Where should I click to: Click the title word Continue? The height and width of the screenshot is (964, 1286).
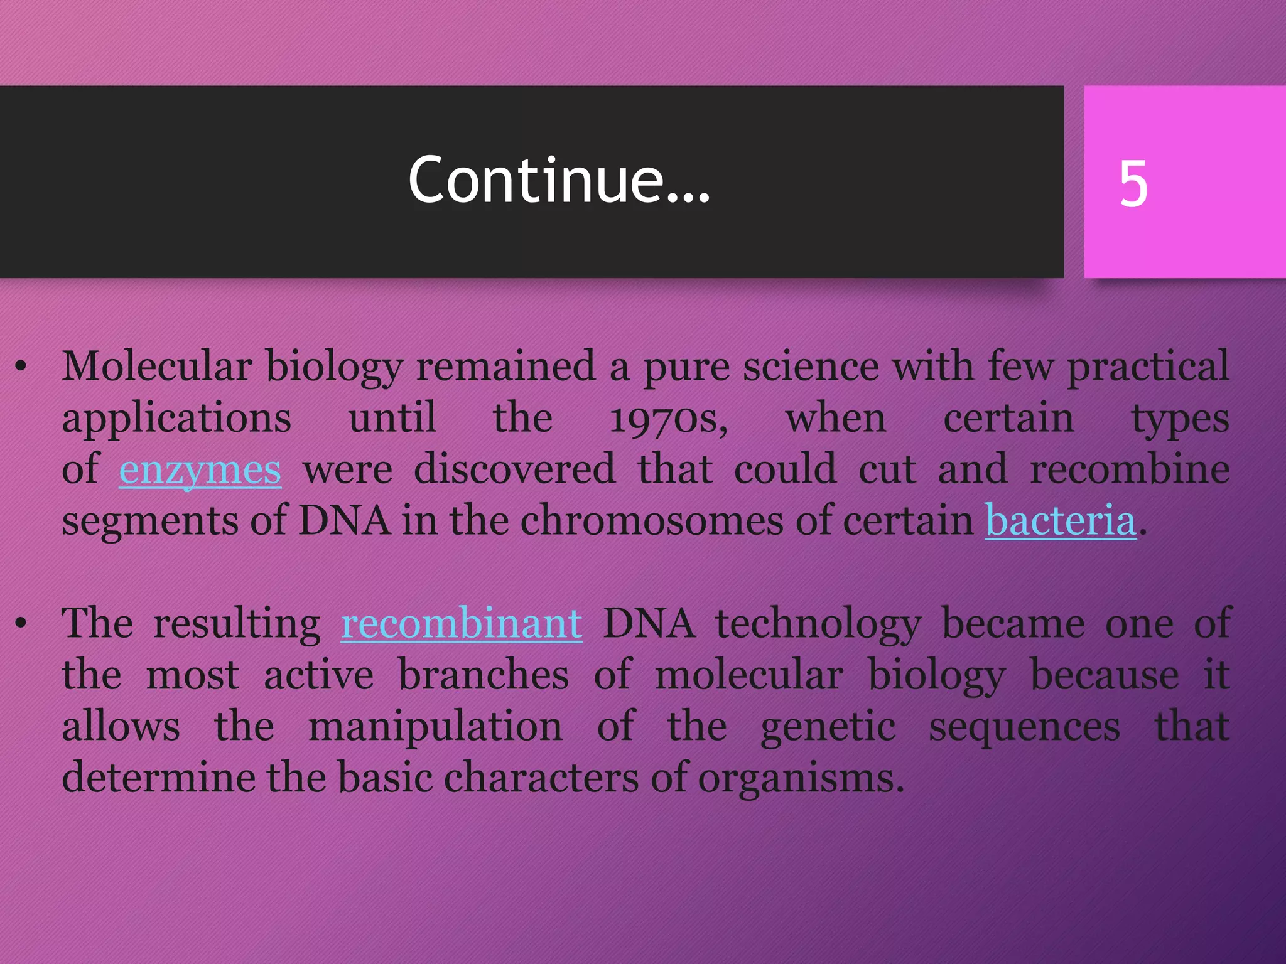pyautogui.click(x=559, y=181)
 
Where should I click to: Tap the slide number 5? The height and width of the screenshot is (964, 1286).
pyautogui.click(x=1133, y=183)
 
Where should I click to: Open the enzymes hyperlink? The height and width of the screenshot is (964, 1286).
pyautogui.click(x=200, y=469)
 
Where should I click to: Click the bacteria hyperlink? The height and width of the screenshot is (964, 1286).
pyautogui.click(x=1061, y=521)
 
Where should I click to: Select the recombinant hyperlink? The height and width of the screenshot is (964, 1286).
pyautogui.click(x=462, y=624)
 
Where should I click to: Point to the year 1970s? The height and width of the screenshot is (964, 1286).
pyautogui.click(x=669, y=419)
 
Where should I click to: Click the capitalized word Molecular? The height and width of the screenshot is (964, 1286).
pyautogui.click(x=156, y=366)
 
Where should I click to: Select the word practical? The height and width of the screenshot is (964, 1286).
pyautogui.click(x=1148, y=367)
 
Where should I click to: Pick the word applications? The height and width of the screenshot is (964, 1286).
pyautogui.click(x=176, y=419)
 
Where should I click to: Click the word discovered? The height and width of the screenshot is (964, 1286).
pyautogui.click(x=514, y=469)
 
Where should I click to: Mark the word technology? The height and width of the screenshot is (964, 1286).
pyautogui.click(x=818, y=625)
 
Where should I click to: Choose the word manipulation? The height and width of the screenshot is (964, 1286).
pyautogui.click(x=435, y=727)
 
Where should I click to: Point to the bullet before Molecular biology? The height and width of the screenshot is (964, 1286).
pyautogui.click(x=21, y=367)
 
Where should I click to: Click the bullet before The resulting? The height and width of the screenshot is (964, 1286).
pyautogui.click(x=21, y=623)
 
